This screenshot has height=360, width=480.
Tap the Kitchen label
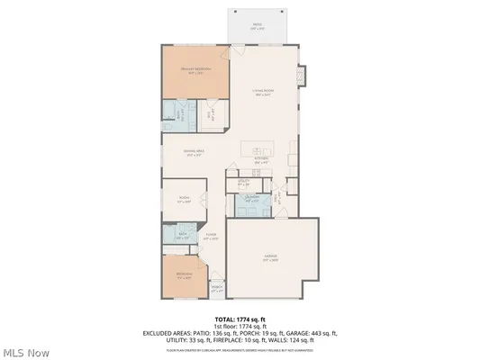[262, 161]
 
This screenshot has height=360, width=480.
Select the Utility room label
[244, 182]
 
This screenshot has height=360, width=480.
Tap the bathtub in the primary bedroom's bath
[169, 114]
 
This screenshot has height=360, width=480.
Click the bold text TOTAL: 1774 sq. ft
[240, 319]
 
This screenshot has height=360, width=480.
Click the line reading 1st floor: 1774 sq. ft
[240, 326]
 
